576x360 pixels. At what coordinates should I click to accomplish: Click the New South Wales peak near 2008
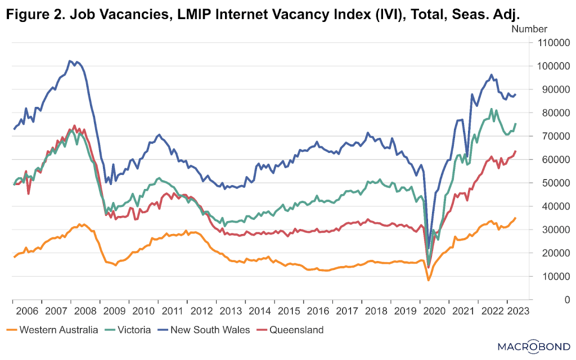pyautogui.click(x=70, y=61)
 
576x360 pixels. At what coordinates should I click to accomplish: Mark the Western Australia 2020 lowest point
pyautogui.click(x=428, y=280)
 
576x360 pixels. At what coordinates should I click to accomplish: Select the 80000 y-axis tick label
pyautogui.click(x=553, y=112)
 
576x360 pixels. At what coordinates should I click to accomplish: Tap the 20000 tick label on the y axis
pyautogui.click(x=553, y=253)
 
